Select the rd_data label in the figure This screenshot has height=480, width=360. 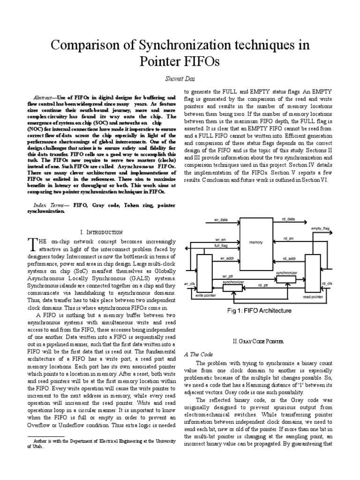[x=289, y=219]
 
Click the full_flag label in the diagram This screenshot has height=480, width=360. [x=221, y=246]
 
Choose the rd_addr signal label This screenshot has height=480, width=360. [x=289, y=259]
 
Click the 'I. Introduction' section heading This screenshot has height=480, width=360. [x=102, y=232]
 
